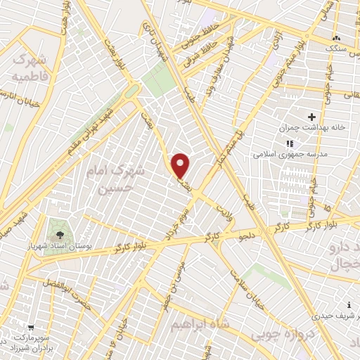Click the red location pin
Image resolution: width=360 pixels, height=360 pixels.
pyautogui.click(x=181, y=166)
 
